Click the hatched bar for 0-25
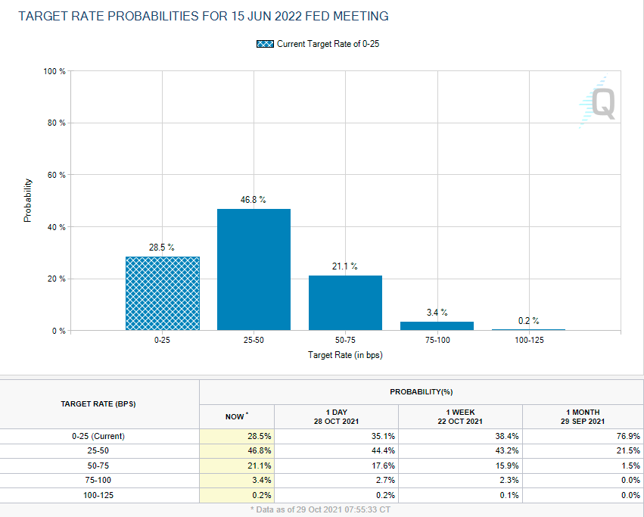[x=162, y=293]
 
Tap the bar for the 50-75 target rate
[x=345, y=303]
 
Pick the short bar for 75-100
[x=437, y=325]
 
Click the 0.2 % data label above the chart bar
[x=528, y=321]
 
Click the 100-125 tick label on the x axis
[x=528, y=341]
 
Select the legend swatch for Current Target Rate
[x=266, y=44]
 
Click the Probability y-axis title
[x=28, y=200]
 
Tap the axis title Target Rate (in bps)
[x=345, y=355]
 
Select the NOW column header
[x=236, y=416]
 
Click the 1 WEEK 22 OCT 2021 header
[x=461, y=416]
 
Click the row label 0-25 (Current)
[x=98, y=436]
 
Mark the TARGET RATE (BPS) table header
[x=98, y=404]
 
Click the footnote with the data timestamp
[x=322, y=510]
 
